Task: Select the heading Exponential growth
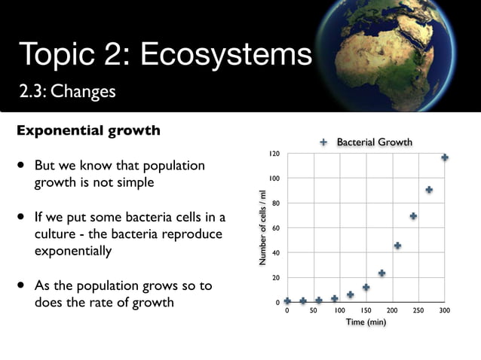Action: pos(88,130)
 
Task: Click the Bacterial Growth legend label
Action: pos(374,142)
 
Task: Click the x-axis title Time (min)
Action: pos(366,322)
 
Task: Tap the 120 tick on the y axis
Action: pos(275,154)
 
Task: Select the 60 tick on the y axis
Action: pos(277,228)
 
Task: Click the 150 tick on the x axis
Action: pos(366,310)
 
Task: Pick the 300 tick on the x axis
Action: pos(445,310)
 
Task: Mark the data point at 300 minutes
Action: pos(445,157)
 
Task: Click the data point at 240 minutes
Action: pos(413,216)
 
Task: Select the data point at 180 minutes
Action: pos(381,273)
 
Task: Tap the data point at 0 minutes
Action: pos(287,301)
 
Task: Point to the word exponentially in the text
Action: pos(73,250)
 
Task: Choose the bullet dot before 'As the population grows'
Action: pos(21,287)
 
